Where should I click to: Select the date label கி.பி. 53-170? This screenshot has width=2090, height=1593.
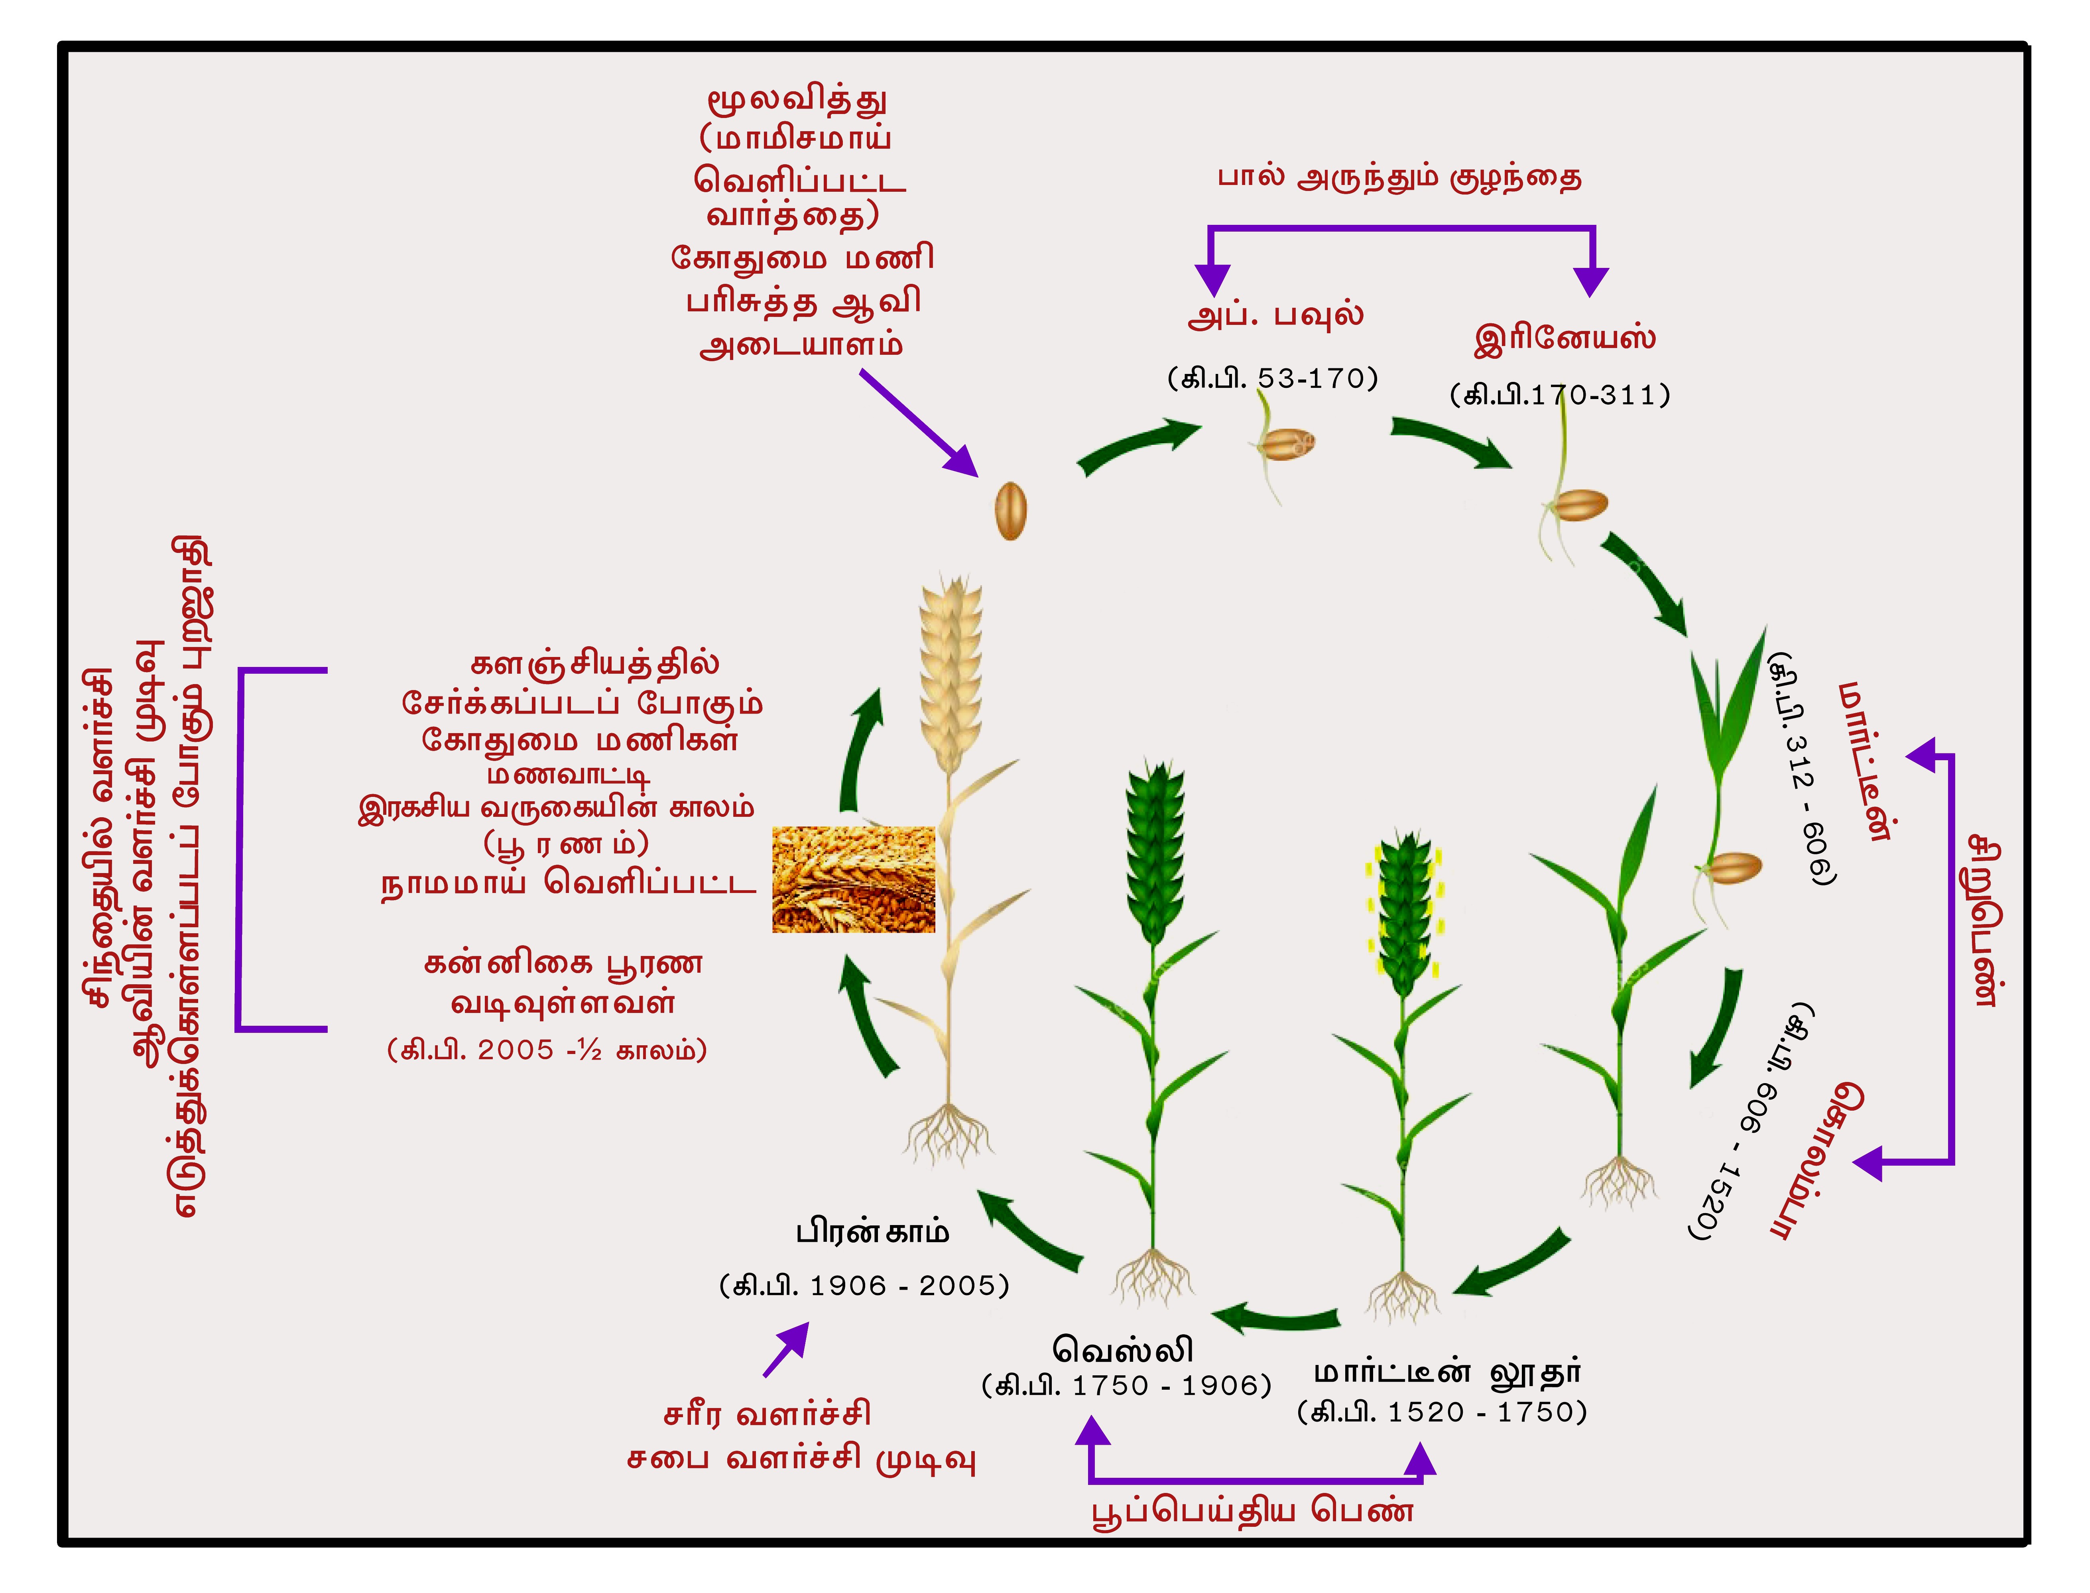(1273, 378)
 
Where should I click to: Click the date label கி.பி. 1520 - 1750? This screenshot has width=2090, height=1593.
(1441, 1412)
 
